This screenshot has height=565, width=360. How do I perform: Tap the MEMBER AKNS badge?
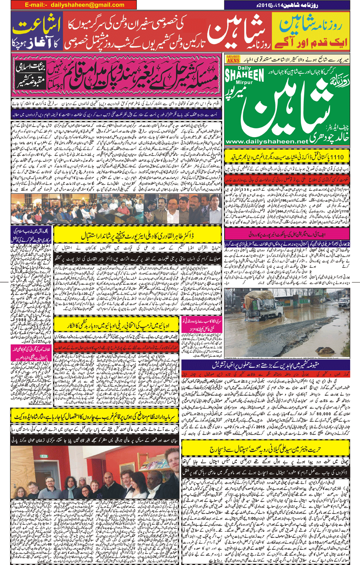233,59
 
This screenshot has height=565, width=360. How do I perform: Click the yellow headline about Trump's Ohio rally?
117,325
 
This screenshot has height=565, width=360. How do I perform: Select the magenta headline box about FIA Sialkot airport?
287,235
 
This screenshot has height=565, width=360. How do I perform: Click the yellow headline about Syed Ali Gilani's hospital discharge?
265,449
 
